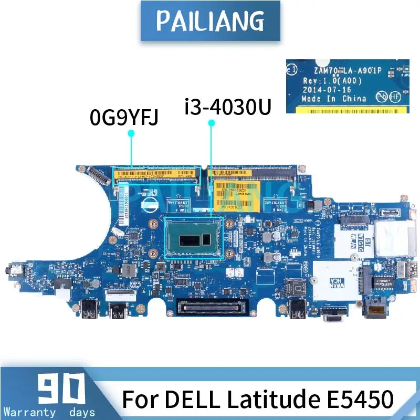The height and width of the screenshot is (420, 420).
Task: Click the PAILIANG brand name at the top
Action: coord(209,20)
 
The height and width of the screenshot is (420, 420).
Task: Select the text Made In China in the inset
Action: coord(334,99)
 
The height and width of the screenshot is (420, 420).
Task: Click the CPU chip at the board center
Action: coord(195,239)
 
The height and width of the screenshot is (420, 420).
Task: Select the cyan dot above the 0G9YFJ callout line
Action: coord(131,133)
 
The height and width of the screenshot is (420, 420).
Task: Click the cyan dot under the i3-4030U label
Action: coord(212,122)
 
